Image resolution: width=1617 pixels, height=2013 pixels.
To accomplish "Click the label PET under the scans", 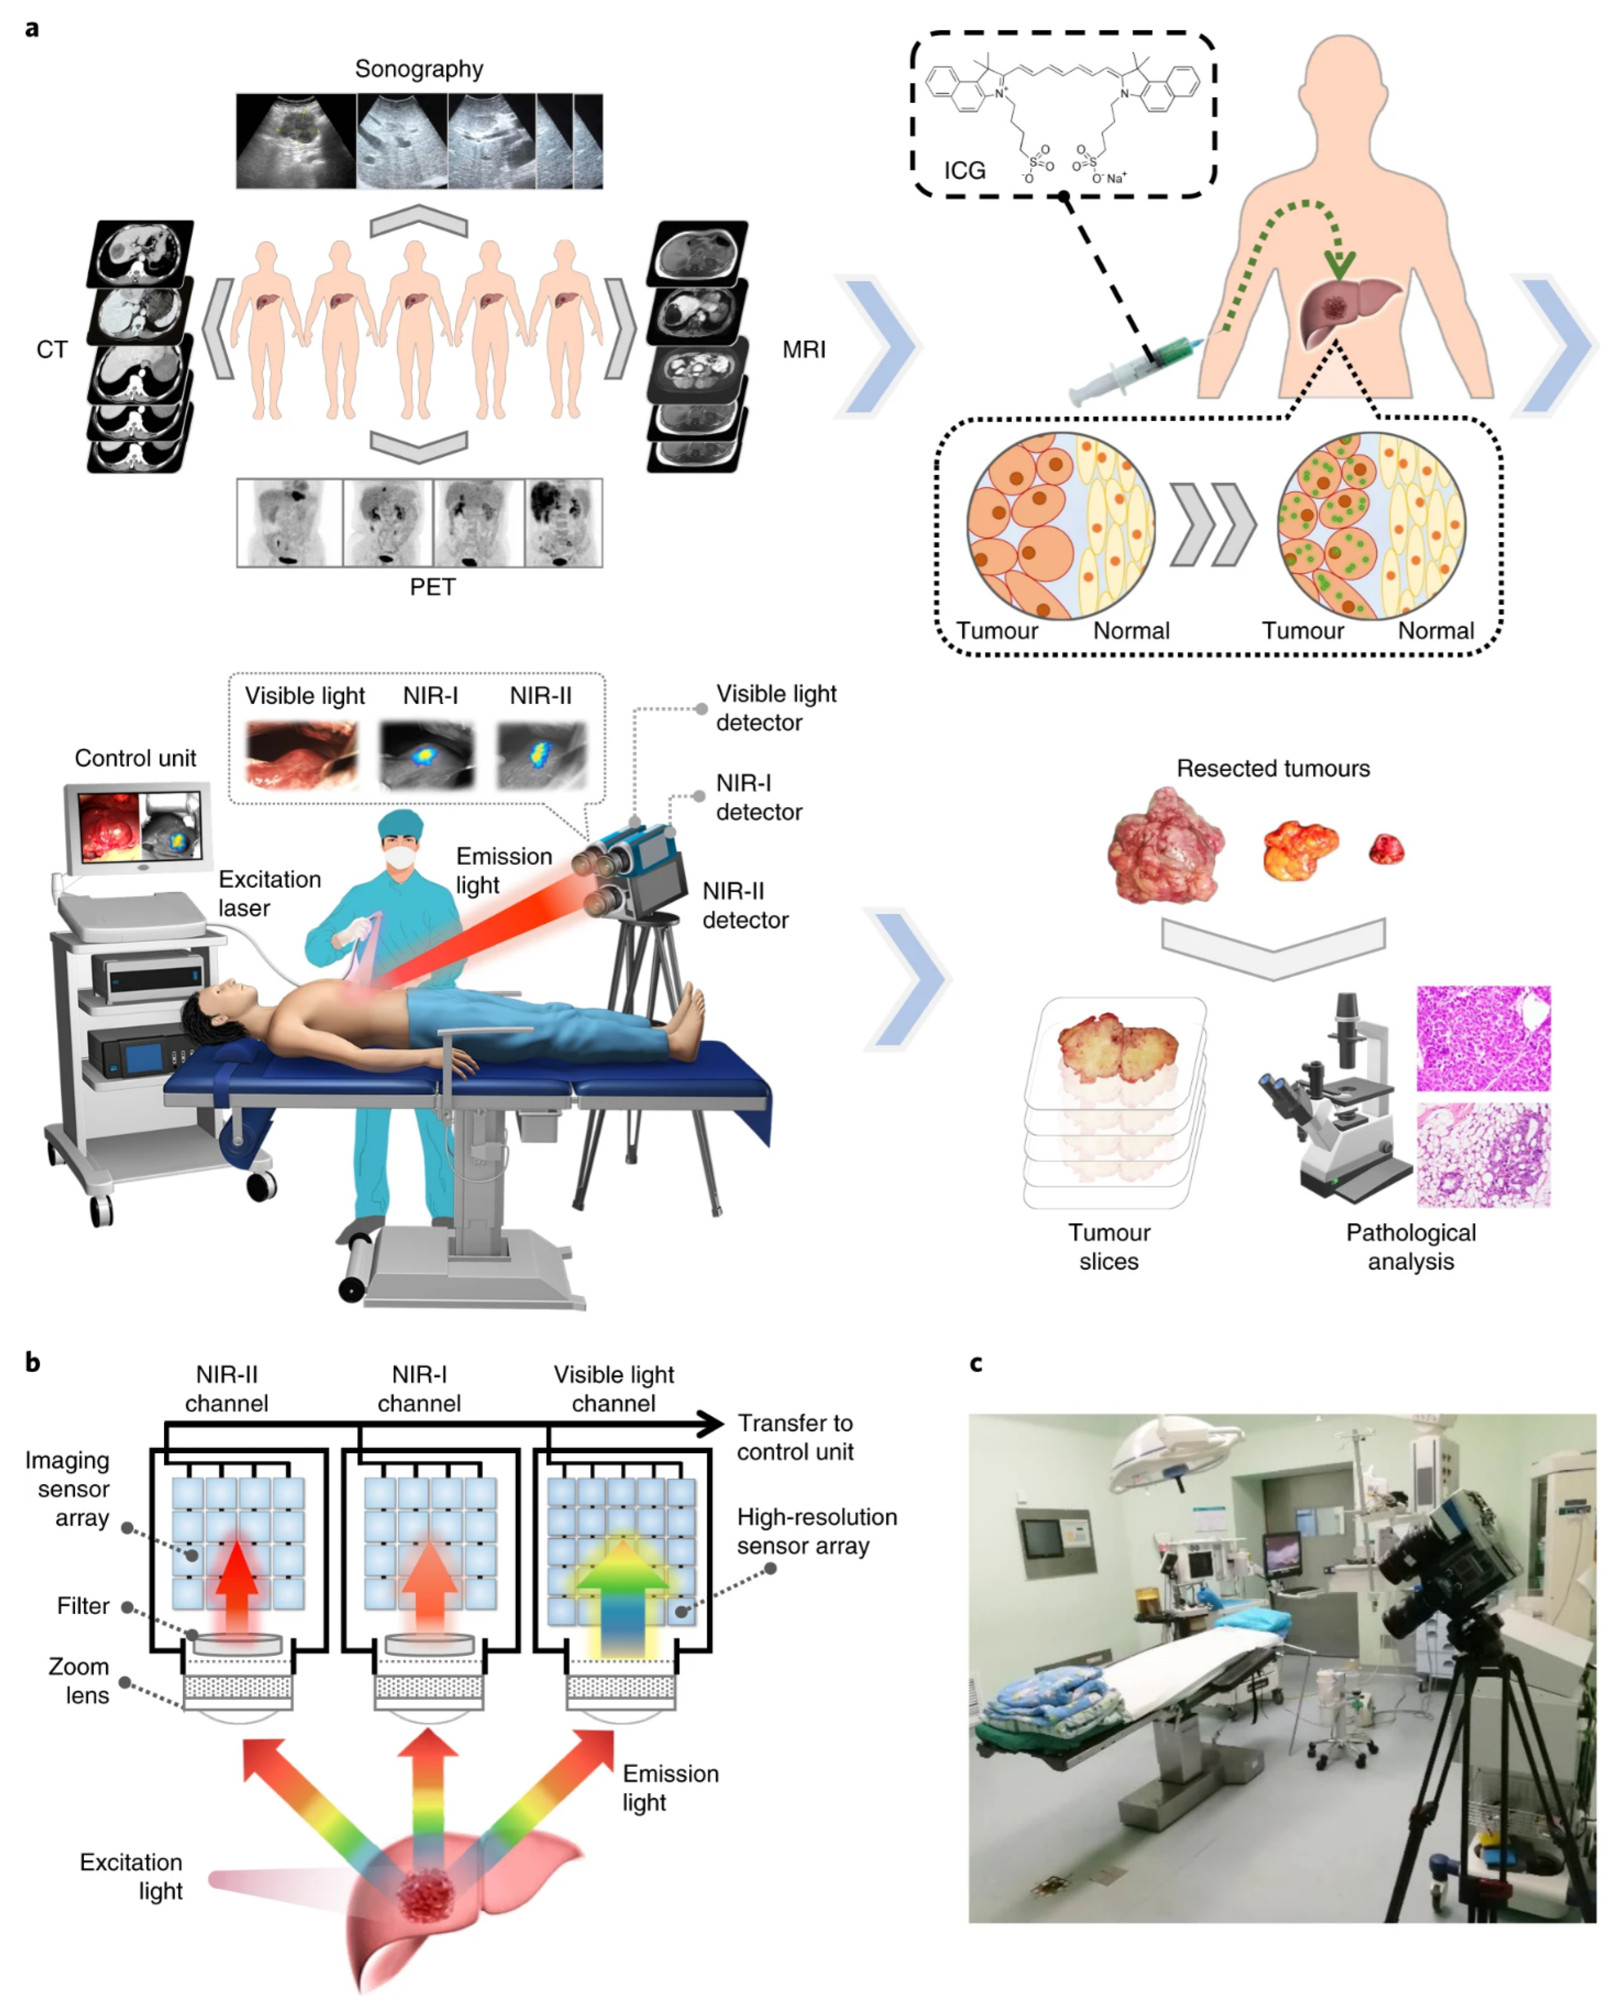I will click(x=432, y=587).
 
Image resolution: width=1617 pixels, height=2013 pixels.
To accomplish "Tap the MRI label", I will click(x=804, y=350).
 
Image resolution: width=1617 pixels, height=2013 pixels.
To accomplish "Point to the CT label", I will click(x=52, y=350).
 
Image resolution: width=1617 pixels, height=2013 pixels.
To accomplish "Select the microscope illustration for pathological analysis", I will click(x=1330, y=1102).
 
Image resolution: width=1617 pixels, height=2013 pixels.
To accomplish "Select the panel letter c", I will click(x=976, y=1364).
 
